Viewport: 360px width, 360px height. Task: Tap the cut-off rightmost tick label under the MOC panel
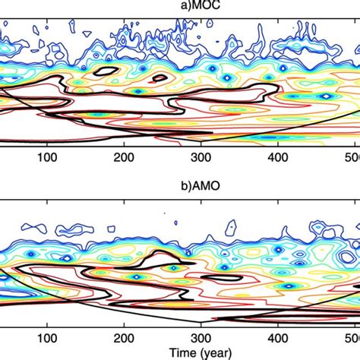point(354,158)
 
